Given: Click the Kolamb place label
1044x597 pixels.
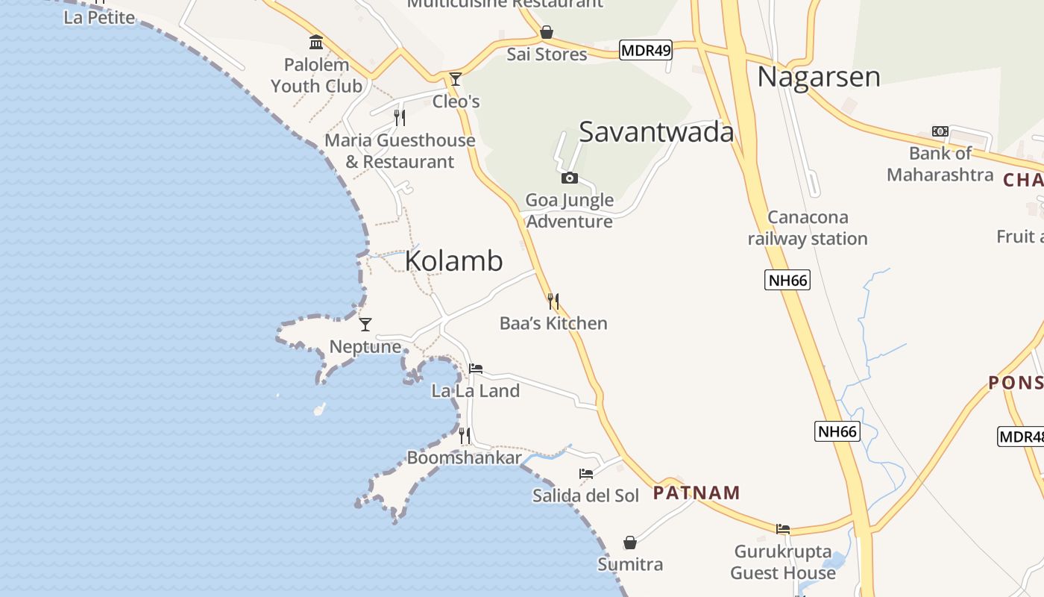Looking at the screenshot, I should [453, 261].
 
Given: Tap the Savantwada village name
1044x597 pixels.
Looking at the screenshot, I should [656, 132].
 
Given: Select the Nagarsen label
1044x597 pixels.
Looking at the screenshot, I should [819, 77].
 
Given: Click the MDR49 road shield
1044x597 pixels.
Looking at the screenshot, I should [646, 51].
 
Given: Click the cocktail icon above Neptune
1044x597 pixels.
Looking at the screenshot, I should [365, 324].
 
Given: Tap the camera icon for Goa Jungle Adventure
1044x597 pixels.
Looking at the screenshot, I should [570, 178].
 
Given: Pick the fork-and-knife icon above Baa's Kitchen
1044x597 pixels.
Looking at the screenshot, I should [553, 301].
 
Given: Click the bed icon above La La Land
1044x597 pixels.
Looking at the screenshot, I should [476, 368].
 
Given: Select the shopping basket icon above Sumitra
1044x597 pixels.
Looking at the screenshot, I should [630, 543].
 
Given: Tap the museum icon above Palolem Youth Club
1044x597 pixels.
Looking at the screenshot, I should [316, 43].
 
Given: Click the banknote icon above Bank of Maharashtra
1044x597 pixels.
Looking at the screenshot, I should [940, 131].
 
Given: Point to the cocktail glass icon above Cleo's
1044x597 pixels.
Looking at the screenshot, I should [456, 78].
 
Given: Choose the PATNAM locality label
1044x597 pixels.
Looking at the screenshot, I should [696, 493].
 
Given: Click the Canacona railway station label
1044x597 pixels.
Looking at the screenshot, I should [808, 228].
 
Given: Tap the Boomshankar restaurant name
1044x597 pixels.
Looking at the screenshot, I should [464, 457].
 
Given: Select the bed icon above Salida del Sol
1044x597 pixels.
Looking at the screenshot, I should [586, 473].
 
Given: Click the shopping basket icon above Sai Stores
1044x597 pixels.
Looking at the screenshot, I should [547, 32].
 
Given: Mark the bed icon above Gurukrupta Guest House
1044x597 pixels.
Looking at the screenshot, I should [783, 528].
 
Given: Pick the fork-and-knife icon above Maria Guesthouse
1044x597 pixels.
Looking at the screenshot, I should [400, 117].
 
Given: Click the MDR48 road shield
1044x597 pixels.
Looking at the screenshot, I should [1020, 437].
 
